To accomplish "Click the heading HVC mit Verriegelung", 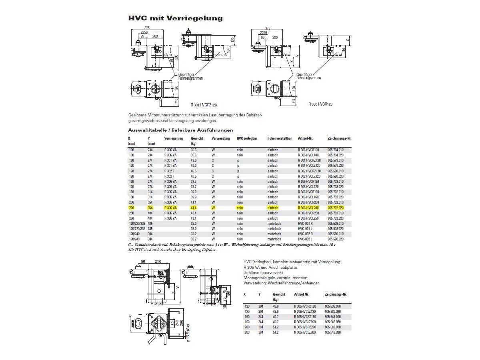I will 175,18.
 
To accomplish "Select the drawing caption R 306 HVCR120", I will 320,104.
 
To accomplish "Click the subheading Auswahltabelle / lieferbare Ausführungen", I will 180,130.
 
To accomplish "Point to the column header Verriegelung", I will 174,138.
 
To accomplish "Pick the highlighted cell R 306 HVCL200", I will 308,208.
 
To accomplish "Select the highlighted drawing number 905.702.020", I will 335,208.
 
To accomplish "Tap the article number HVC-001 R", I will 306,224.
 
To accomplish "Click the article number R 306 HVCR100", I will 308,150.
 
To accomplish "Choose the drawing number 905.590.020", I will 335,239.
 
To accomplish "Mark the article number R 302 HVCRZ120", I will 310,171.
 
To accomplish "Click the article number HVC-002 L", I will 306,239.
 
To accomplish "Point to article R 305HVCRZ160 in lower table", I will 305,316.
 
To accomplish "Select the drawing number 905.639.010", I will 333,306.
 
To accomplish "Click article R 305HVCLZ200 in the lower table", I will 305,332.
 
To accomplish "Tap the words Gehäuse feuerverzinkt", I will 263,272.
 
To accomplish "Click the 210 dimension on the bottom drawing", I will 158,262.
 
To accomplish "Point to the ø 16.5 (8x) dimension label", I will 188,332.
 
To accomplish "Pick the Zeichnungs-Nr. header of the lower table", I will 336,294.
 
